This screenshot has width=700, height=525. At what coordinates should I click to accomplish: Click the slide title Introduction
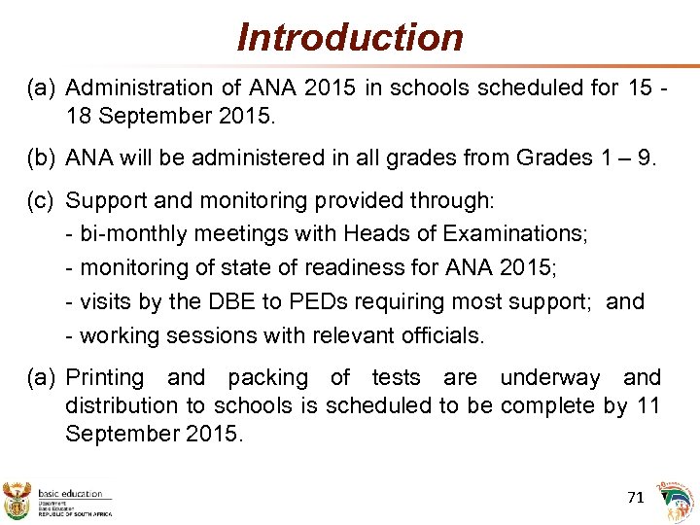coord(350,38)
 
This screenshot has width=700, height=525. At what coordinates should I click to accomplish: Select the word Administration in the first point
coord(133,88)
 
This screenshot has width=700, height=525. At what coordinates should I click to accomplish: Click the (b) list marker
coord(41,158)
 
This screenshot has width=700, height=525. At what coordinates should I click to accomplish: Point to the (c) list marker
coord(41,201)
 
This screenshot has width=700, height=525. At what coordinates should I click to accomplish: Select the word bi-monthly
coord(135,234)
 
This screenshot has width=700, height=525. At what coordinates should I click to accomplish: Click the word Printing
coord(104,377)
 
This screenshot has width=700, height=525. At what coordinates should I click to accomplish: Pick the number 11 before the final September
coord(648,405)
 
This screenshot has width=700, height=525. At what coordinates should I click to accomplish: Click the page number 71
coord(636,497)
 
